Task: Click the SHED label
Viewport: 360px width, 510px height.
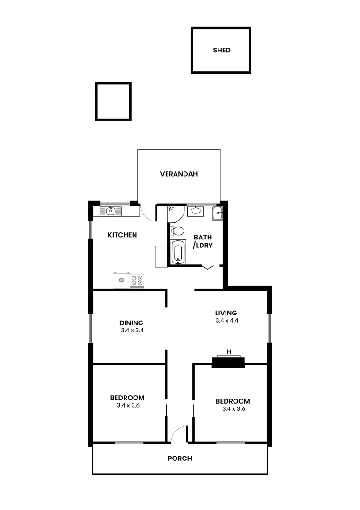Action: point(221,50)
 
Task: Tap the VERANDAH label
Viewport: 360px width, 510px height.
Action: point(178,174)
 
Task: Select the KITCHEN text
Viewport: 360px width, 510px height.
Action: point(122,235)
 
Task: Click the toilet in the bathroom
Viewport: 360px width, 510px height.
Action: point(177,231)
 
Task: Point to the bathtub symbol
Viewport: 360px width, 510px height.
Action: point(178,252)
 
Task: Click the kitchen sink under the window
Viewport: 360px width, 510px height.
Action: point(111,211)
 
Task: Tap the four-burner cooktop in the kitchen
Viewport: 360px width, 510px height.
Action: point(137,280)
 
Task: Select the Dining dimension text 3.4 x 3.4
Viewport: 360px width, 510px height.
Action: point(132,331)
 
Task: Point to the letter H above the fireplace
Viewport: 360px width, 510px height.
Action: point(229,352)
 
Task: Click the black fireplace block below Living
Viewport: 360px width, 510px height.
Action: point(228,363)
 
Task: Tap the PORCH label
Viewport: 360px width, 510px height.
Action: point(180,458)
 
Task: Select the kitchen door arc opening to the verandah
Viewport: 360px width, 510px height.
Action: point(149,214)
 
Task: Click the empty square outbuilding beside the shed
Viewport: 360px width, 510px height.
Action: point(113,101)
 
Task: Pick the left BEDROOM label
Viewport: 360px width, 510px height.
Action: point(127,398)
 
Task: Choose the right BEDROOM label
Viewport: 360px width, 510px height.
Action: point(233,401)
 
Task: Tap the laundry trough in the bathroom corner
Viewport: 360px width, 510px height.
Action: point(217,213)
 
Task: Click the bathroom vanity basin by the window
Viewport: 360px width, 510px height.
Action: point(195,211)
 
